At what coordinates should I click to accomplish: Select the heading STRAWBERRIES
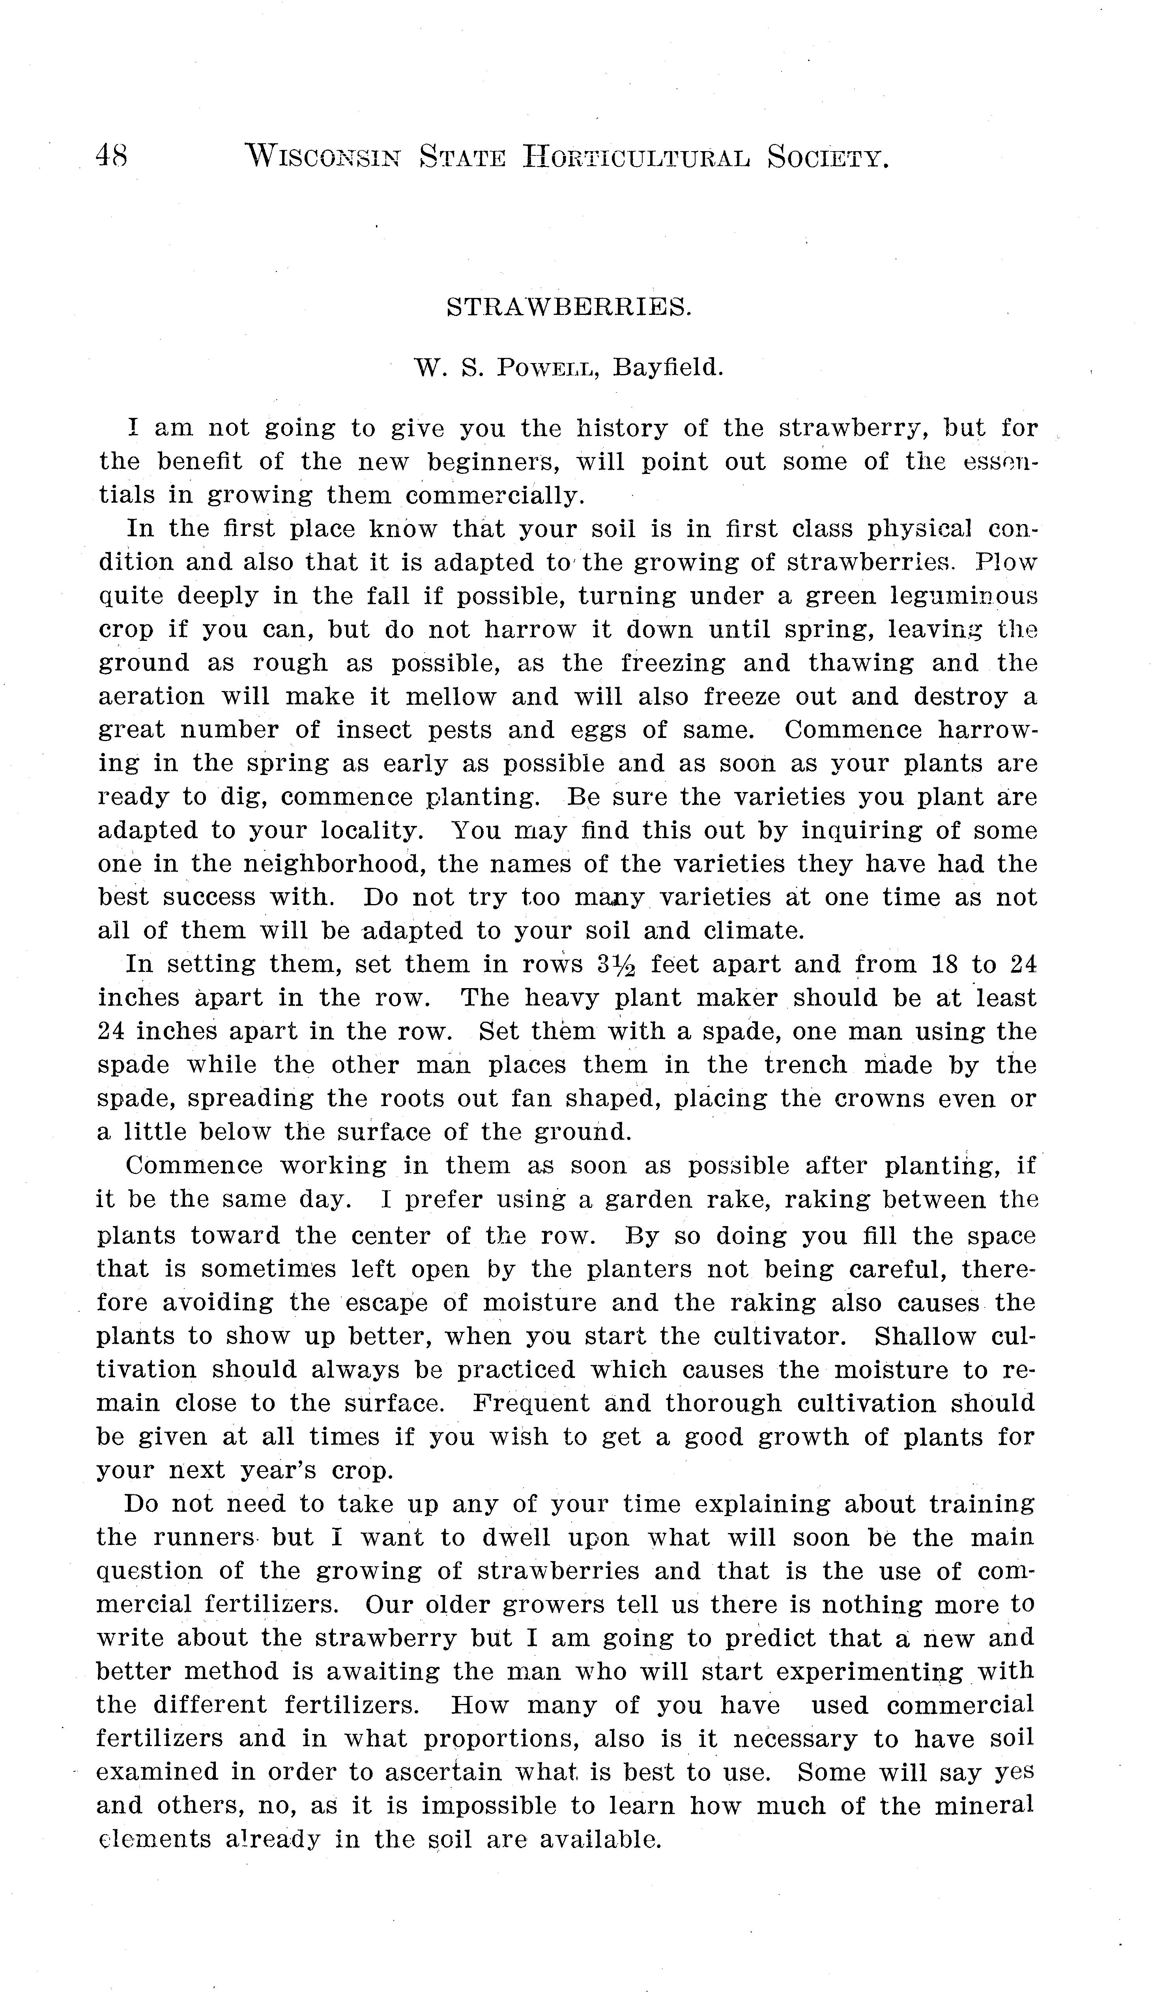569,307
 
